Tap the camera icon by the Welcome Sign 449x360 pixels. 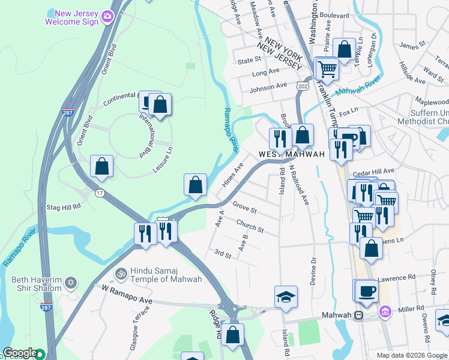(x=107, y=16)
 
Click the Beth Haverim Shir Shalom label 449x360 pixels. (x=37, y=284)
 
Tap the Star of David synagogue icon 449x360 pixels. (x=71, y=282)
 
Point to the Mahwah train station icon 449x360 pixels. (x=358, y=315)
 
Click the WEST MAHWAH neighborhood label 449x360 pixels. (x=292, y=154)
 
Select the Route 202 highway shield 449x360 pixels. (x=303, y=87)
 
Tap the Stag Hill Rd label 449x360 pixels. (x=63, y=207)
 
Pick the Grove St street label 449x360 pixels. (x=244, y=211)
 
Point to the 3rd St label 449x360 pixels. (x=222, y=255)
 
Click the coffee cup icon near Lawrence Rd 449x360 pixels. (x=367, y=292)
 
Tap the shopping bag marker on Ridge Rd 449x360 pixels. (x=233, y=335)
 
